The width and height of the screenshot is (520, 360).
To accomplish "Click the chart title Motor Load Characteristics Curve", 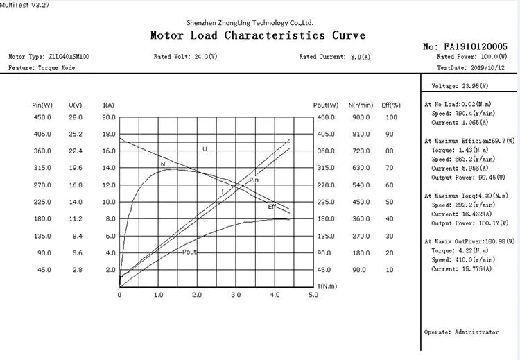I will point(258,35).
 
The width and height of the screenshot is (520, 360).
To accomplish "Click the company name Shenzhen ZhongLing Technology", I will point(259,22).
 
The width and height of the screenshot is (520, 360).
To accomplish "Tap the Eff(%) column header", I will point(391,105).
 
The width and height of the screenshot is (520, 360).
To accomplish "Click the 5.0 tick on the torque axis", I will point(313,295).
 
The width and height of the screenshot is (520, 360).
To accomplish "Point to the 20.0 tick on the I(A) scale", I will point(109,117).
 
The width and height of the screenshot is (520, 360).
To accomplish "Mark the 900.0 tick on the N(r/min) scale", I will point(359,117).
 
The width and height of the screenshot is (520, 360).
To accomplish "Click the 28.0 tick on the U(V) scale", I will point(76,117).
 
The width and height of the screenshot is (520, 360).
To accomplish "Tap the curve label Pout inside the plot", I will point(189,252).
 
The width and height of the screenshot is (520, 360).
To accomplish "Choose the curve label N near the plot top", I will point(162,164).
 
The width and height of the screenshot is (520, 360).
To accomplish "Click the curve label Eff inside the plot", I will point(272,207).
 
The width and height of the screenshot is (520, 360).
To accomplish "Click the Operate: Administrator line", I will point(460,332).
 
